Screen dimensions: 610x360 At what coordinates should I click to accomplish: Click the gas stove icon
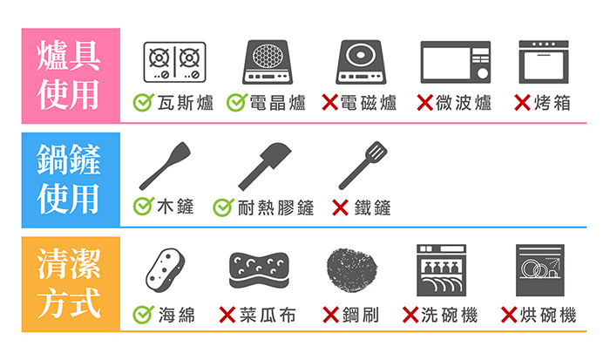[x=174, y=62]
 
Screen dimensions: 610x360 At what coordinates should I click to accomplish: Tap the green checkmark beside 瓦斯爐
[x=143, y=102]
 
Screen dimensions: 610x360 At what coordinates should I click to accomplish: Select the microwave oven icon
[x=456, y=62]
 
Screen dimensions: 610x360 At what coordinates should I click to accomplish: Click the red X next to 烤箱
[x=522, y=103]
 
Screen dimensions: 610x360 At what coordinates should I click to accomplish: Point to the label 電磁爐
[x=369, y=103]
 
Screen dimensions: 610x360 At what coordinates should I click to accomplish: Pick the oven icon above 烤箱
[x=544, y=62]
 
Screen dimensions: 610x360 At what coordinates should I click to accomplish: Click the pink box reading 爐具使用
[x=71, y=76]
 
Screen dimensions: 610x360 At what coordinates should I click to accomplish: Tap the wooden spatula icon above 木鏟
[x=165, y=166]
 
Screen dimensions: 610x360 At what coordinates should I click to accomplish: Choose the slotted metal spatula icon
[x=363, y=166]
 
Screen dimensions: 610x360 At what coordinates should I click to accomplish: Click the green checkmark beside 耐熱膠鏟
[x=223, y=207]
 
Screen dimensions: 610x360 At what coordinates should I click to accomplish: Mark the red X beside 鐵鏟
[x=341, y=207]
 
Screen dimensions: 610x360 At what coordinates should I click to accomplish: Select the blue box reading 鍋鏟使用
[x=71, y=180]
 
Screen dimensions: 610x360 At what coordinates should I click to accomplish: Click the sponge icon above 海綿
[x=166, y=270]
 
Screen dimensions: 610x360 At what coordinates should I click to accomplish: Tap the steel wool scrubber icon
[x=352, y=270]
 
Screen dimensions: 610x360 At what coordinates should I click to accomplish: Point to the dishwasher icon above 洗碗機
[x=441, y=270]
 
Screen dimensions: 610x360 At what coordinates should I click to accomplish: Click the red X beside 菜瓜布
[x=227, y=315]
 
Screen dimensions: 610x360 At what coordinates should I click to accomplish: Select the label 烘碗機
[x=548, y=316]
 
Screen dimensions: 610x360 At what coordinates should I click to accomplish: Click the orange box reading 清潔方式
[x=71, y=284]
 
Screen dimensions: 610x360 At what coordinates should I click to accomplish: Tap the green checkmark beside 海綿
[x=143, y=315]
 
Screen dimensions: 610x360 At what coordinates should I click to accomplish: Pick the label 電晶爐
[x=277, y=103]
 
